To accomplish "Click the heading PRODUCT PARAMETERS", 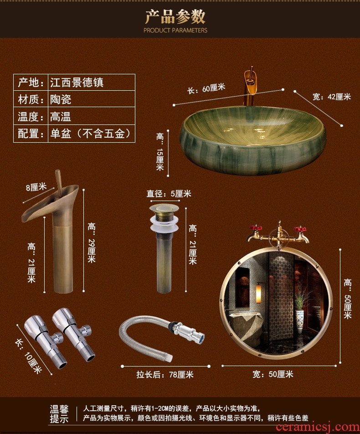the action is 175,30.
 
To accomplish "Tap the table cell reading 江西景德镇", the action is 77,82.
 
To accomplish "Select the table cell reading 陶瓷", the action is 61,99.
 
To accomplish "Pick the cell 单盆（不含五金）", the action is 90,134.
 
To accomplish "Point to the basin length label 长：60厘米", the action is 206,88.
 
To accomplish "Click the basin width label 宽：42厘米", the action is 332,97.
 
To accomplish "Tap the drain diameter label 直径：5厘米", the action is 169,193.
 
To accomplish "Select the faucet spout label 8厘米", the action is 36,187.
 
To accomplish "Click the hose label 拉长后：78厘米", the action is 165,374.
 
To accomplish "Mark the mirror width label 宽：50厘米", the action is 273,374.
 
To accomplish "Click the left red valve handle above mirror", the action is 256,228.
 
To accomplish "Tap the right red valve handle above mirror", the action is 300,229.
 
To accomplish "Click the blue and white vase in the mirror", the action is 299,322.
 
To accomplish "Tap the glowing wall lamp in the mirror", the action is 258,293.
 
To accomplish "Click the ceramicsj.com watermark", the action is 317,427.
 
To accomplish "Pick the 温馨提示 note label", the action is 59,413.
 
